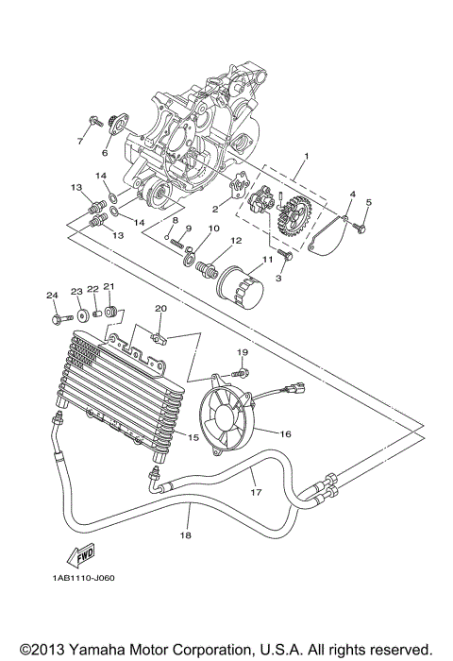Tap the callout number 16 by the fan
(285, 434)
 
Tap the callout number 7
(79, 141)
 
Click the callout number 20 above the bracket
(160, 309)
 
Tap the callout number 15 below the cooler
(193, 437)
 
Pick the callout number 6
(105, 151)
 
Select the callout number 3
(279, 278)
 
